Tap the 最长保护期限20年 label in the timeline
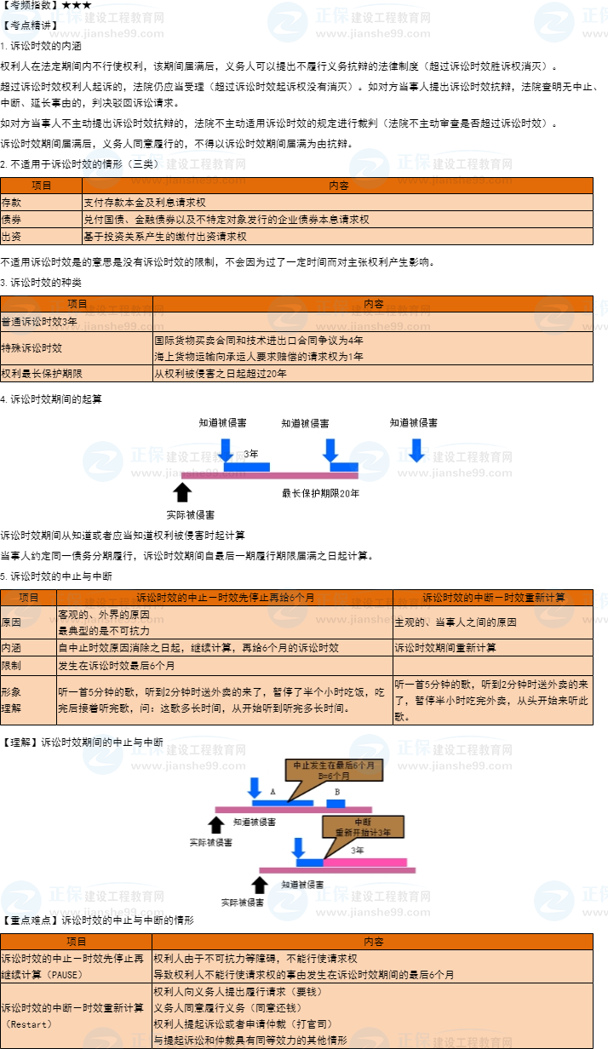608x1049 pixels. pos(321,493)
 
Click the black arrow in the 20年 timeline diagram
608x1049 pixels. pos(181,493)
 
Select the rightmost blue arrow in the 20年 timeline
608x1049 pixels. pos(416,449)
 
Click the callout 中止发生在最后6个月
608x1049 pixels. pos(334,771)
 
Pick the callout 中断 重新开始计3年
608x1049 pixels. pos(363,826)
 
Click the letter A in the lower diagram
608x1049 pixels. pos(273,792)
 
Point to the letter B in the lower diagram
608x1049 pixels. pos(337,792)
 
